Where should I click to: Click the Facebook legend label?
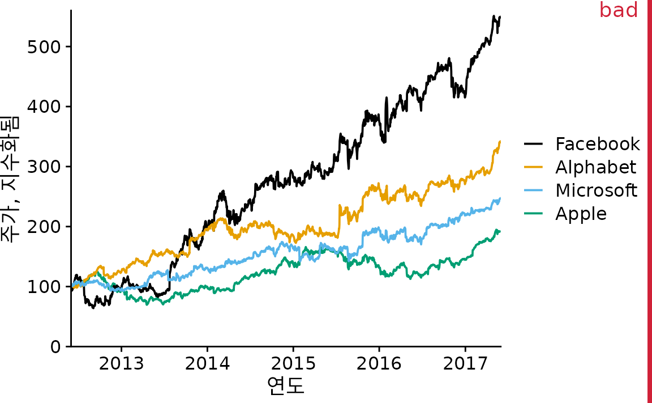[598, 144]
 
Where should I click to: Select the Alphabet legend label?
[595, 167]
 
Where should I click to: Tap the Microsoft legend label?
[596, 190]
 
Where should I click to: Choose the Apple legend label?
[581, 214]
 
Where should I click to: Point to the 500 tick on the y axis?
[44, 46]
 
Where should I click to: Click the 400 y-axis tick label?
[44, 107]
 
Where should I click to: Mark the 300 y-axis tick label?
[44, 167]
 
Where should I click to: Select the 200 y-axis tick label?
[44, 227]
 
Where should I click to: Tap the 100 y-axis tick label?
[44, 287]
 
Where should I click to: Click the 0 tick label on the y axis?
[55, 347]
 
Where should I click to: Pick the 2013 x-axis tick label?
[121, 363]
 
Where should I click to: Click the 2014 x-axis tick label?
[207, 363]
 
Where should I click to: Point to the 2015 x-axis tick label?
[293, 363]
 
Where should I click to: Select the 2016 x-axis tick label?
[379, 363]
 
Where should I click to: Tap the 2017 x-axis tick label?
[465, 363]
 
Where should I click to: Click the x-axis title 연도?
[286, 385]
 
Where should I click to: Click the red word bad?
[619, 10]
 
